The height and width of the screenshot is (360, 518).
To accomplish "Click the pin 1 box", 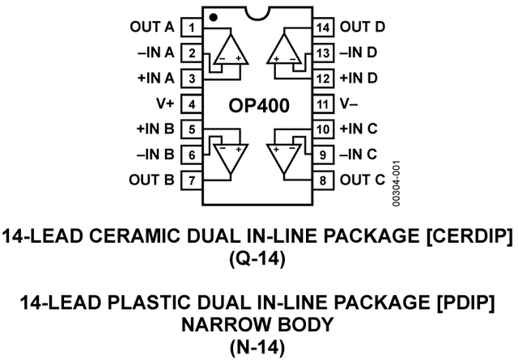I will (x=191, y=28).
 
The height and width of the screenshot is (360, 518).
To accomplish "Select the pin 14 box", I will (x=324, y=28).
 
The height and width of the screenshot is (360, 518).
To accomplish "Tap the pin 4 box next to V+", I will (x=191, y=104).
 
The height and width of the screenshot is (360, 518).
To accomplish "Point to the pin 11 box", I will (x=324, y=104).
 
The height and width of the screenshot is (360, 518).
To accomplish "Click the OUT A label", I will (x=152, y=28).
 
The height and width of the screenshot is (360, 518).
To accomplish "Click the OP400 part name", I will (x=257, y=105).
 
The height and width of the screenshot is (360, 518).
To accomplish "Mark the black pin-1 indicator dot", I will (x=212, y=16).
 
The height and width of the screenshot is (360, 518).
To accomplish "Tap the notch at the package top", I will (x=257, y=15).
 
